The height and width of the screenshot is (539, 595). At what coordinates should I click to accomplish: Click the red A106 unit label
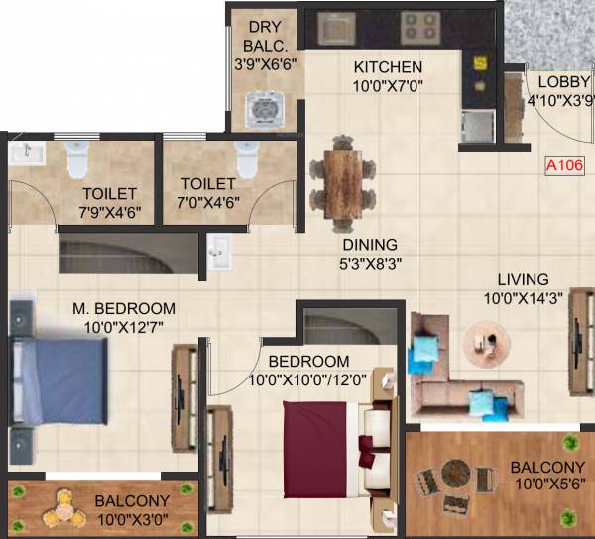563,167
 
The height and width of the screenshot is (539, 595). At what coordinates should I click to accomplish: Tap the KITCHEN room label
389,67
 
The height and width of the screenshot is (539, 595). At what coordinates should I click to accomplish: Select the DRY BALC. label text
264,38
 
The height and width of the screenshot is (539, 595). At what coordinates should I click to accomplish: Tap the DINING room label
370,245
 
